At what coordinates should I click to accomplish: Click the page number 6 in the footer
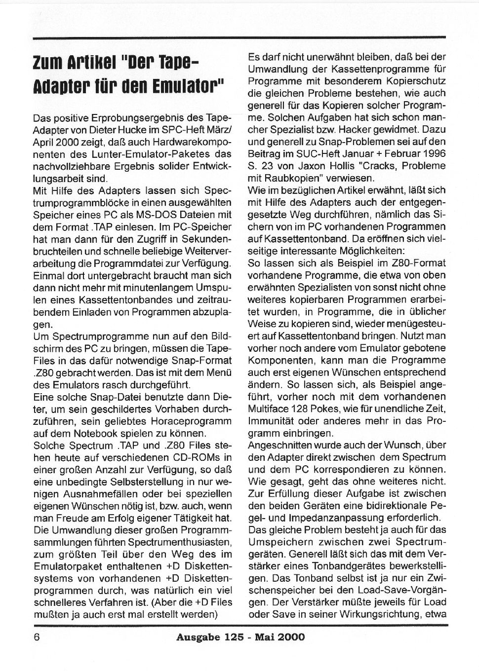[37, 636]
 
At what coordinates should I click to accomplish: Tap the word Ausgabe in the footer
[197, 637]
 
